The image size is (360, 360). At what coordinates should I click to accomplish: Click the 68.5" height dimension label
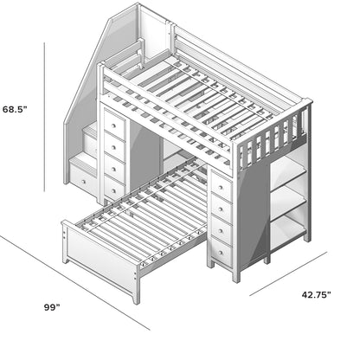tap(16, 110)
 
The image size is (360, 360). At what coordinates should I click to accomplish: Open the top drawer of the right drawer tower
tap(222, 186)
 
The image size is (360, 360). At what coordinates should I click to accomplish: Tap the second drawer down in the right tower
tap(222, 208)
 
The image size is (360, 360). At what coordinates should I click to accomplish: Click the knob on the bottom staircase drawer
tap(84, 178)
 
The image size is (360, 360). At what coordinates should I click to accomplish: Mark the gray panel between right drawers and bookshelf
tap(251, 216)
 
